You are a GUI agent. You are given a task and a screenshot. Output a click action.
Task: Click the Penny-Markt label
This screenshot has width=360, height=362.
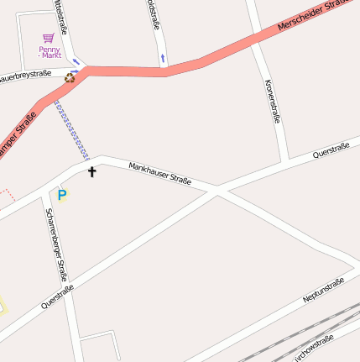[50, 52]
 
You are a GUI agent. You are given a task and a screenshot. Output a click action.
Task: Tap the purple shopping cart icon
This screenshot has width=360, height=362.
[49, 38]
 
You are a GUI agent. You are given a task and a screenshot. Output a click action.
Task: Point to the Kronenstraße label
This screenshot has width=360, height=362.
[271, 101]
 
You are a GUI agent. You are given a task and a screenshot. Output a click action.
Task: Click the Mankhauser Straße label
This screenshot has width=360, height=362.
[159, 174]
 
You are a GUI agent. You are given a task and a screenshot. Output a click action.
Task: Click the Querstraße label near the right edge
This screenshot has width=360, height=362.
[331, 150]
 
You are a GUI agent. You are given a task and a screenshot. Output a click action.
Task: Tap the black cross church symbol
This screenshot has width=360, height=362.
[92, 172]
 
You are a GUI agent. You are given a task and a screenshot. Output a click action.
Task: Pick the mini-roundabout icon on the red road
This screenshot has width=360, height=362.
[70, 79]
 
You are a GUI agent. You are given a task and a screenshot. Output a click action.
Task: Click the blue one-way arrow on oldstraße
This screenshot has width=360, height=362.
[163, 59]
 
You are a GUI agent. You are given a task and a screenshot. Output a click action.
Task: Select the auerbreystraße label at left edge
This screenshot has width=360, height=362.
[25, 75]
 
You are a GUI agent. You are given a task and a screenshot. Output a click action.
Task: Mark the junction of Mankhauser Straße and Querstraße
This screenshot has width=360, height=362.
[217, 191]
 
